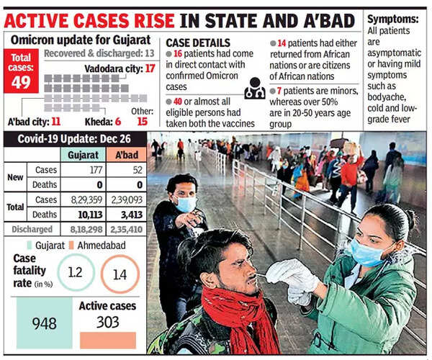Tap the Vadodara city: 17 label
120,68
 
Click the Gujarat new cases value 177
84,170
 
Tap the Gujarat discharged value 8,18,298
84,228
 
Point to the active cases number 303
108,321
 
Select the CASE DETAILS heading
197,43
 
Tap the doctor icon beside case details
255,89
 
